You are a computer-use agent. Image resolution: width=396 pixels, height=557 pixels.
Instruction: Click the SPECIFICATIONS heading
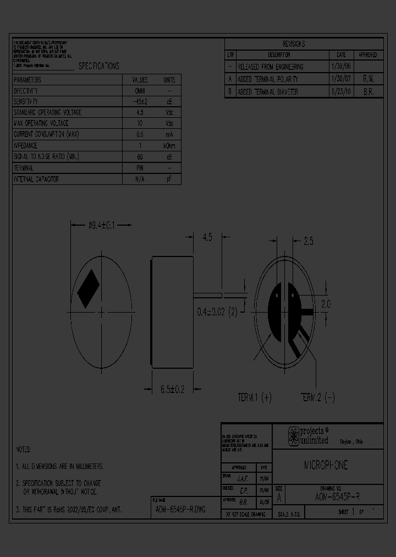[98, 66]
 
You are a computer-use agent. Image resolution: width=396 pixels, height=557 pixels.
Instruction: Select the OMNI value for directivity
[140, 91]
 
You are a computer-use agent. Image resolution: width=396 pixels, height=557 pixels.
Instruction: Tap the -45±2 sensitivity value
[140, 102]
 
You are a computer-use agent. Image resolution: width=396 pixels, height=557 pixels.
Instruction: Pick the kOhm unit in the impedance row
[169, 146]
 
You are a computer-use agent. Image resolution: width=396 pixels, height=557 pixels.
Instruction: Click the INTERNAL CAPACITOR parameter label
[36, 179]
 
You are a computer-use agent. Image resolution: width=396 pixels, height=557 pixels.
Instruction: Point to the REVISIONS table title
[294, 44]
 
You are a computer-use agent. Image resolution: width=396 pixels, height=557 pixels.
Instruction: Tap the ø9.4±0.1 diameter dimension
[101, 225]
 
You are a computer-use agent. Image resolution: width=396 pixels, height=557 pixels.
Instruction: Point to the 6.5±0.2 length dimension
[172, 389]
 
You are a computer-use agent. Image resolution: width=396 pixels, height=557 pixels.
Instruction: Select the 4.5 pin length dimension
[207, 238]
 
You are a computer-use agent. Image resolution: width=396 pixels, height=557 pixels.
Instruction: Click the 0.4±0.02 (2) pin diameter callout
[217, 312]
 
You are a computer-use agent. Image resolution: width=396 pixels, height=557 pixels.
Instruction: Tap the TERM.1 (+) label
[255, 397]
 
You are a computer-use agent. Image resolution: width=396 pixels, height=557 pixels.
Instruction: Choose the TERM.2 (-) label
[317, 397]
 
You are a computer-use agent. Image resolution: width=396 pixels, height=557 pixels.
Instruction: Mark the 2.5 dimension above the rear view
[309, 241]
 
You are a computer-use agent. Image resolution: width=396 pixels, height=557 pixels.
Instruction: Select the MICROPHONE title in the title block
[326, 466]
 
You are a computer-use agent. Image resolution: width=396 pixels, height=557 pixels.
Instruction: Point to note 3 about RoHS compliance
[69, 510]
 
